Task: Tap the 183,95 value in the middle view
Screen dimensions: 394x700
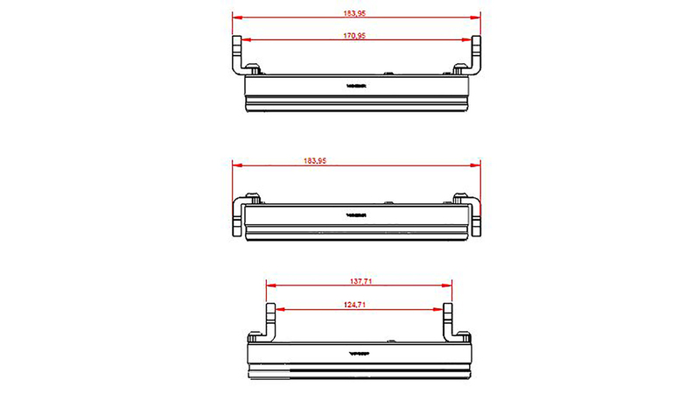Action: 314,161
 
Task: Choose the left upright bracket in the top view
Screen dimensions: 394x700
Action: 237,55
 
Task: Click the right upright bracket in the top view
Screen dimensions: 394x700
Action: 476,55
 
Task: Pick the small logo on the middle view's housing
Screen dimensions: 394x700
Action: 357,214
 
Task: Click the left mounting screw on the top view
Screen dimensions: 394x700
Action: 254,68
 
